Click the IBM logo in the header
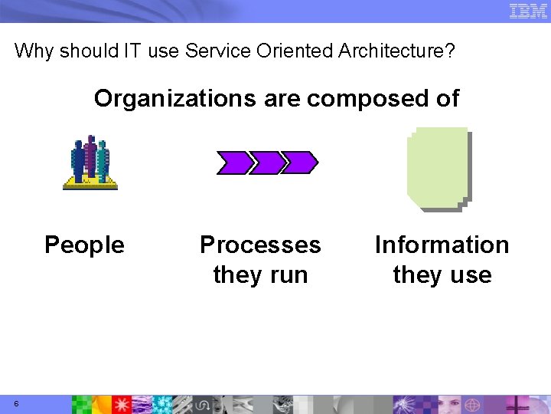click(x=529, y=11)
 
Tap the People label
click(x=84, y=245)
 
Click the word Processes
click(x=260, y=245)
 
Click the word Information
click(x=442, y=245)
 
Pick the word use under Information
click(x=472, y=274)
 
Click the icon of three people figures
click(x=90, y=159)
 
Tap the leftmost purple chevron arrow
click(x=233, y=163)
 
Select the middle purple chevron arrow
click(x=266, y=163)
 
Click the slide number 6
click(x=16, y=404)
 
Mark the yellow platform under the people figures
click(x=90, y=182)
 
